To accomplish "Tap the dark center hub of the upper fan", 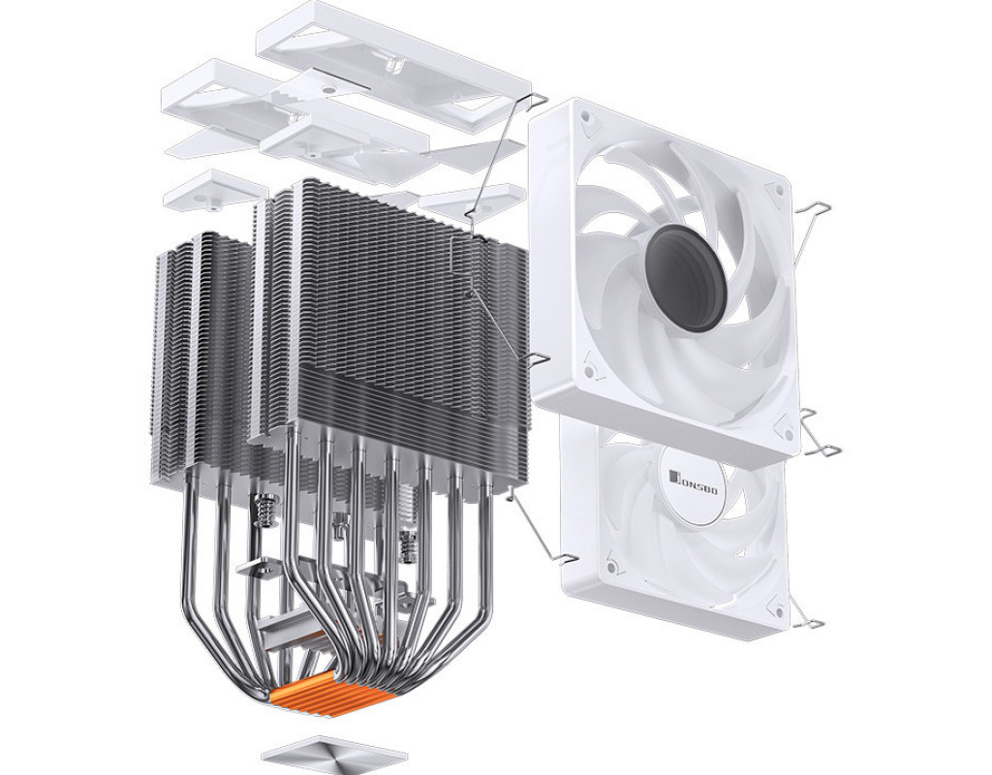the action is click(688, 276).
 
